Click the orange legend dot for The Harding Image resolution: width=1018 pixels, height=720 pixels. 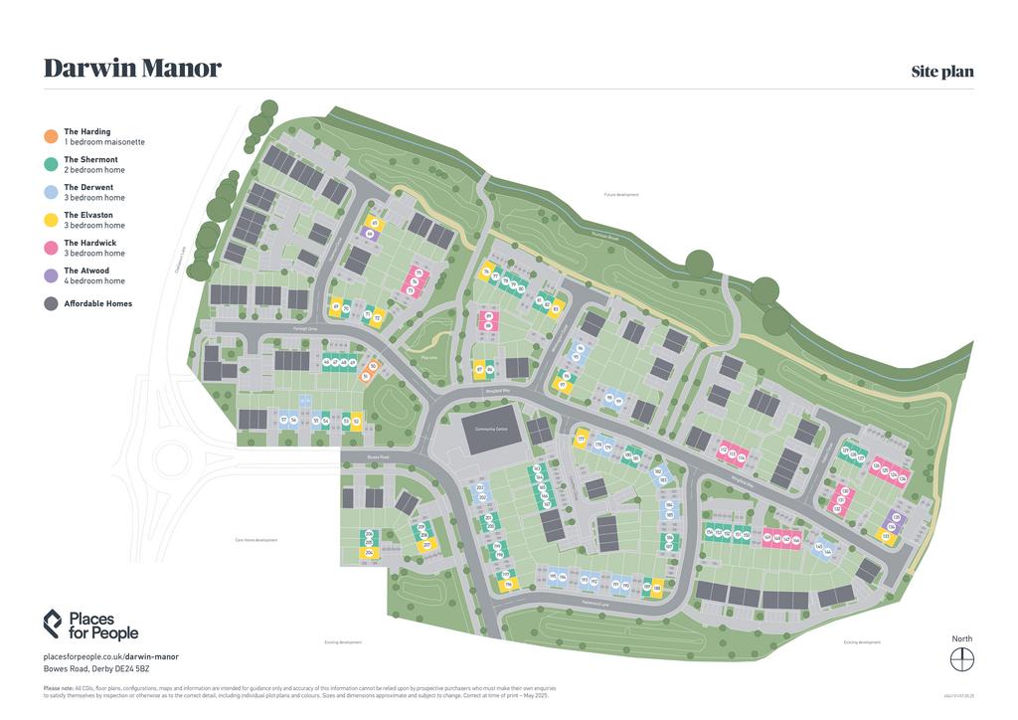pyautogui.click(x=51, y=136)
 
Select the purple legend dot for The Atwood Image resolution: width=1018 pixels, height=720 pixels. pyautogui.click(x=51, y=275)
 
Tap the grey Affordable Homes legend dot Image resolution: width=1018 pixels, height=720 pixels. pyautogui.click(x=51, y=303)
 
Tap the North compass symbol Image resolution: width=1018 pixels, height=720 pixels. pyautogui.click(x=961, y=659)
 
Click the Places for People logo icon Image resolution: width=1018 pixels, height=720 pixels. pyautogui.click(x=53, y=624)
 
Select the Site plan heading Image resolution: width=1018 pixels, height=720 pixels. pyautogui.click(x=941, y=72)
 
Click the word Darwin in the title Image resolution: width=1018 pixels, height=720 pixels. pyautogui.click(x=86, y=69)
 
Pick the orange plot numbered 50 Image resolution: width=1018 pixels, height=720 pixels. pyautogui.click(x=373, y=366)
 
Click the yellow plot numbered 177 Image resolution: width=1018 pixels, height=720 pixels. pyautogui.click(x=581, y=439)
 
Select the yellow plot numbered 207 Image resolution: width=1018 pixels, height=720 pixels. pyautogui.click(x=426, y=545)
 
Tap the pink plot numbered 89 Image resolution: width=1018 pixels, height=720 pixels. pyautogui.click(x=488, y=316)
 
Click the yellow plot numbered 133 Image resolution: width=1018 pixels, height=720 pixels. pyautogui.click(x=885, y=537)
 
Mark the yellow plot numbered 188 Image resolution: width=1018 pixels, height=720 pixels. pyautogui.click(x=657, y=588)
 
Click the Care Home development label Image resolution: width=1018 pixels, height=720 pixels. pyautogui.click(x=255, y=540)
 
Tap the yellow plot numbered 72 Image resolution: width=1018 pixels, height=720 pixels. pyautogui.click(x=377, y=317)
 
